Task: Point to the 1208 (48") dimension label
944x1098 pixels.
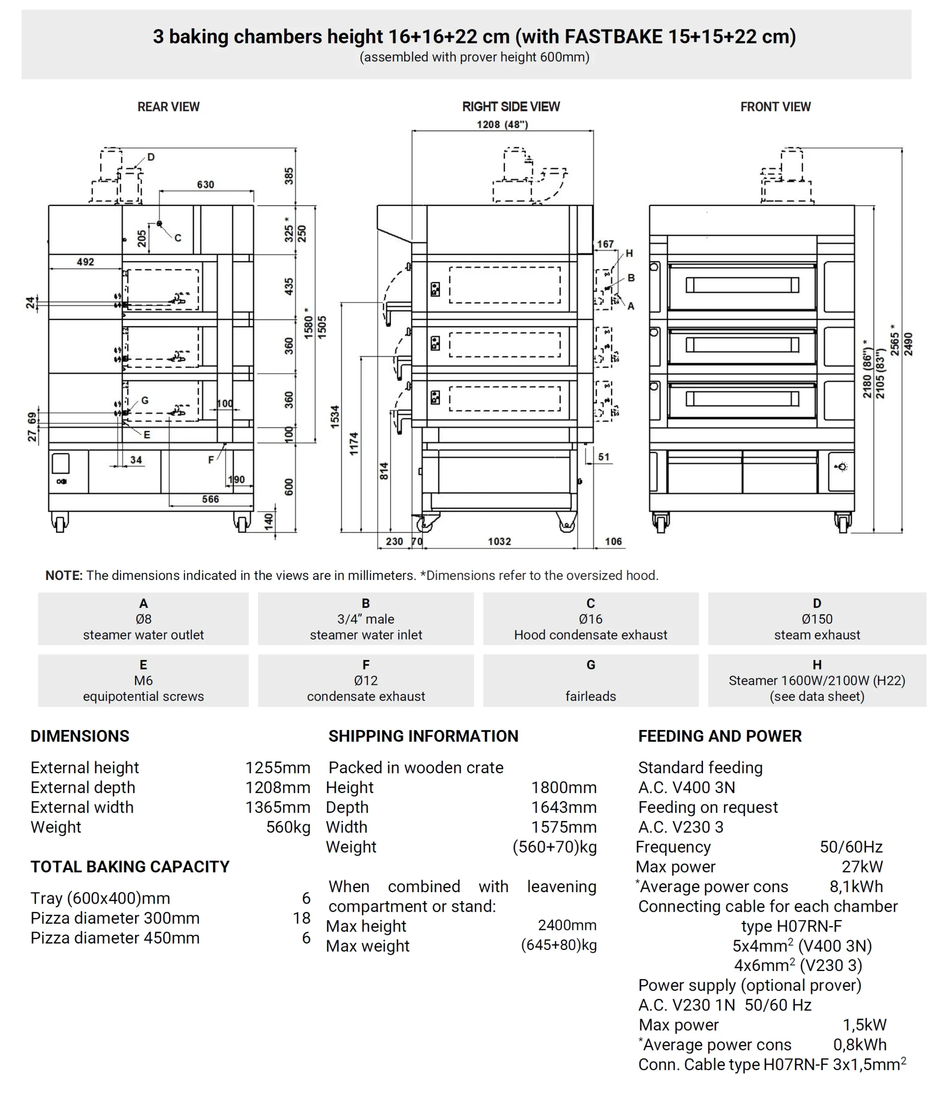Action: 502,124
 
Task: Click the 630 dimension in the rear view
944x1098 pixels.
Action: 205,184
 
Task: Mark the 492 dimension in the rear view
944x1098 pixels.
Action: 85,262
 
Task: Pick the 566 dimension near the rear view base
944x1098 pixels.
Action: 211,499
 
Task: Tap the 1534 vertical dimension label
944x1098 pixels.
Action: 335,416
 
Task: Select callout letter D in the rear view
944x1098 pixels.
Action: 151,157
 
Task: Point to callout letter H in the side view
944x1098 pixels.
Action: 629,253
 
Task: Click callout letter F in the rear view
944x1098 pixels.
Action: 211,460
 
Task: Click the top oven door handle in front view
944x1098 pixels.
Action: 742,286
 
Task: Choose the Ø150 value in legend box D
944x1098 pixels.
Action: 817,619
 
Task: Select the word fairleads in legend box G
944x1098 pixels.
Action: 591,696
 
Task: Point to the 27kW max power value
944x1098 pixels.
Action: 863,866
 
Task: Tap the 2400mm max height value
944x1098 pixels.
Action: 567,925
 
